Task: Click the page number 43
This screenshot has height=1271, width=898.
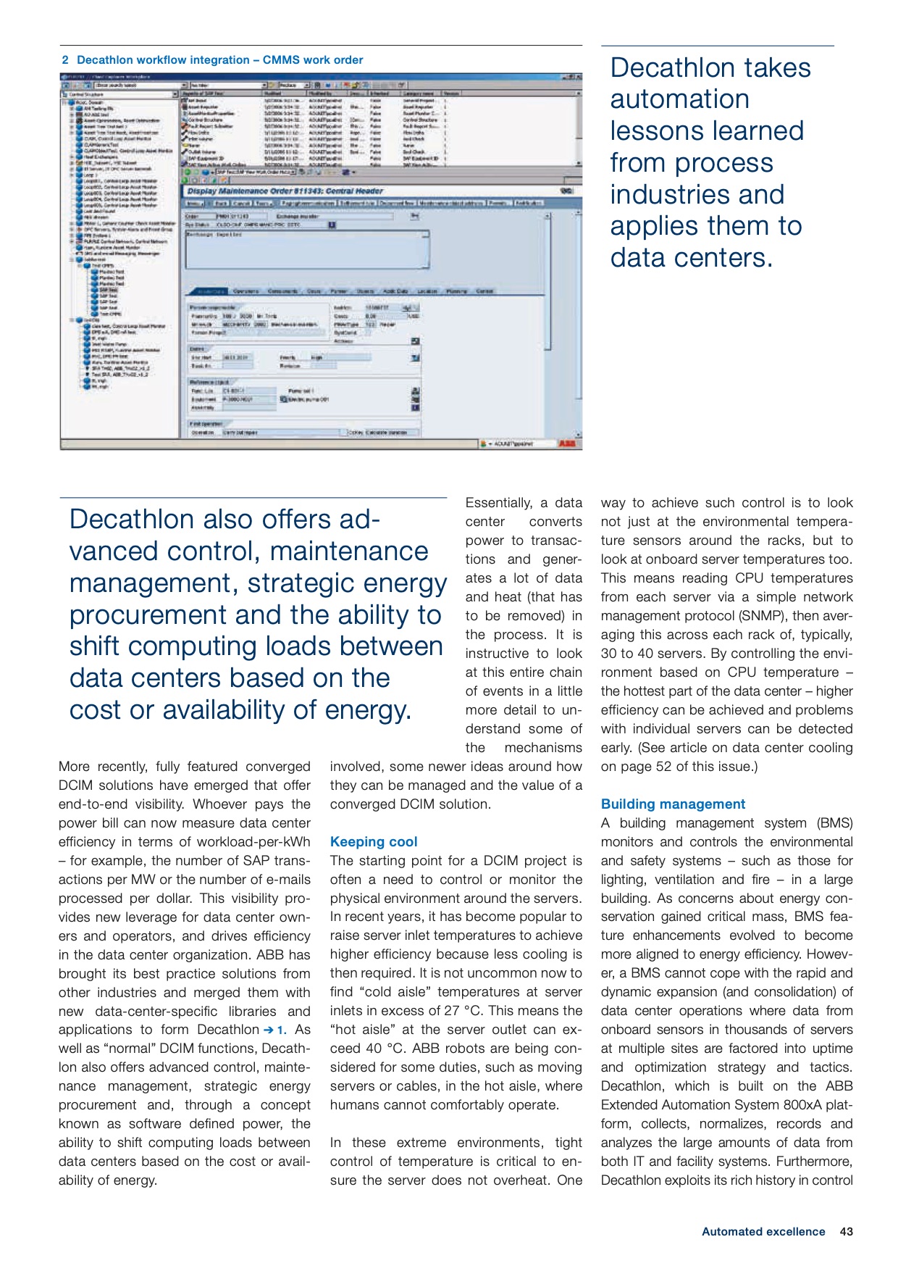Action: [x=846, y=1231]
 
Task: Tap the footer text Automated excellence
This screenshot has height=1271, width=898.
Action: [x=763, y=1231]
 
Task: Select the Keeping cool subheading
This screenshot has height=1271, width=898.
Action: [x=374, y=841]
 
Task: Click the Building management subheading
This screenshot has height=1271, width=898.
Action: [x=673, y=804]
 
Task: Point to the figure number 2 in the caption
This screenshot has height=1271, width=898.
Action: [x=65, y=60]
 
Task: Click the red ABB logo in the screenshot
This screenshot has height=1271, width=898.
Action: [x=568, y=443]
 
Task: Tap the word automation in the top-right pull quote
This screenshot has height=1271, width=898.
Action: [x=679, y=99]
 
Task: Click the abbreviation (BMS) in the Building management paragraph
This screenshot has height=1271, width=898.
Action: [x=835, y=823]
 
